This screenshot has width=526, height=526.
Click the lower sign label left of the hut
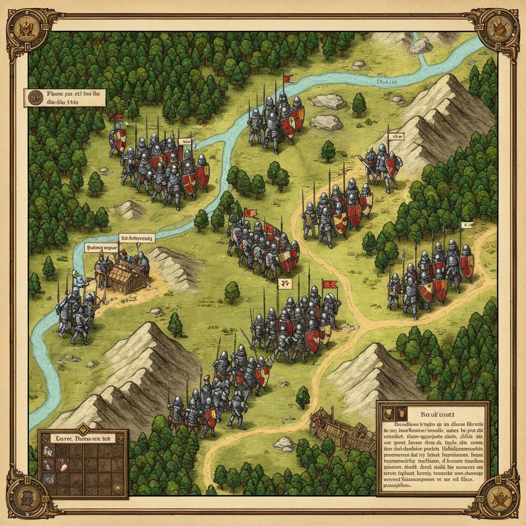point(101,248)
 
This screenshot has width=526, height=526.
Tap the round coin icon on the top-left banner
point(35,97)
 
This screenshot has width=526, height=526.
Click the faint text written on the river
point(388,81)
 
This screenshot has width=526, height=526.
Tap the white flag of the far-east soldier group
point(467,224)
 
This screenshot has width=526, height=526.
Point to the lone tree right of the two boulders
point(359,104)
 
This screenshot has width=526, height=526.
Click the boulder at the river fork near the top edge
point(420,46)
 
